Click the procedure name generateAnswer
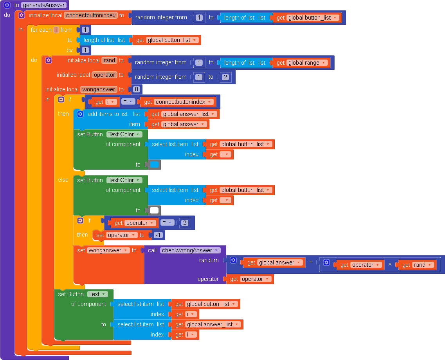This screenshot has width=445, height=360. click(x=43, y=5)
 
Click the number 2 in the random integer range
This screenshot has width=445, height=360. click(x=225, y=77)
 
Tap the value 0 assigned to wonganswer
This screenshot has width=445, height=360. click(x=136, y=89)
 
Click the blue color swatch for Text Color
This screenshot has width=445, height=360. click(x=155, y=165)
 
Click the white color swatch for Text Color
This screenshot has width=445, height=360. click(x=155, y=210)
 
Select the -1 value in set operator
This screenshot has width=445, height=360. click(x=159, y=235)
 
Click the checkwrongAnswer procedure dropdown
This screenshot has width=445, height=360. click(x=190, y=250)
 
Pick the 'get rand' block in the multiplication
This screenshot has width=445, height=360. click(x=416, y=265)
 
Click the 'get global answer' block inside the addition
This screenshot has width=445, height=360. click(x=273, y=262)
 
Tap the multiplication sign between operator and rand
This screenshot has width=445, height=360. click(x=390, y=265)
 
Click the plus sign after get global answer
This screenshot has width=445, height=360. click(x=311, y=262)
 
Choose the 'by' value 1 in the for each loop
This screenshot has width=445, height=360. click(x=85, y=50)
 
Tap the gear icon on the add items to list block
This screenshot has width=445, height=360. click(x=80, y=114)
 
